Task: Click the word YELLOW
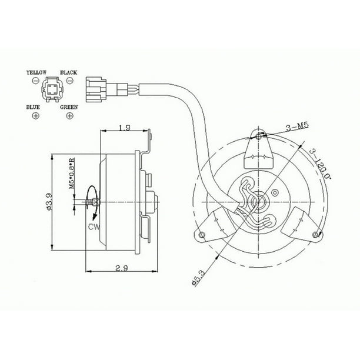(36, 72)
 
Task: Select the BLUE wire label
(34, 108)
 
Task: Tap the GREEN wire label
(69, 108)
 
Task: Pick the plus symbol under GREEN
(71, 116)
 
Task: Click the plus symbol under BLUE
(35, 116)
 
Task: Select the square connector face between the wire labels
(52, 92)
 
